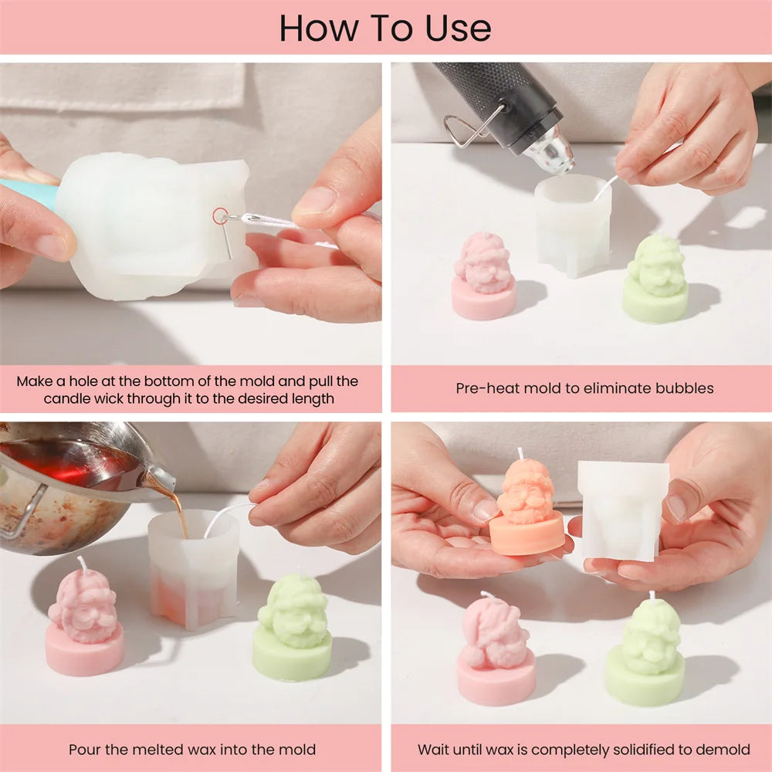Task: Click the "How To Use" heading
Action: (385, 28)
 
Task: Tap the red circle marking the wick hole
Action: (220, 215)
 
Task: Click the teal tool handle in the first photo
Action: (29, 195)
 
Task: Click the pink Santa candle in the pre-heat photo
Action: (484, 276)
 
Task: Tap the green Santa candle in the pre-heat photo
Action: (655, 279)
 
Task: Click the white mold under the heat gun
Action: (573, 225)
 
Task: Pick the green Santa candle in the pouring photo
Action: (293, 625)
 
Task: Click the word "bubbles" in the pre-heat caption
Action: (684, 388)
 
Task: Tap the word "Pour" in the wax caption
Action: (84, 750)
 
